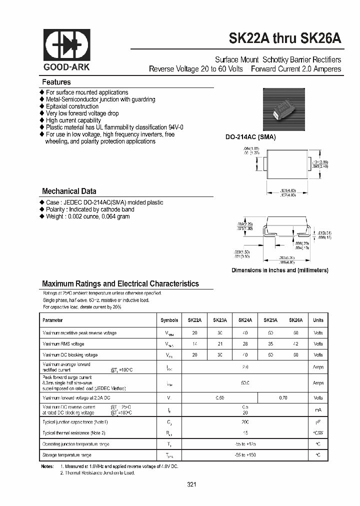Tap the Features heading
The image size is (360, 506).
click(x=56, y=82)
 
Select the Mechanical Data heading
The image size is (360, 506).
click(x=69, y=191)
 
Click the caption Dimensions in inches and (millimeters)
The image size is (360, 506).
click(x=279, y=270)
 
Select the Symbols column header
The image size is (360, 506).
click(x=169, y=320)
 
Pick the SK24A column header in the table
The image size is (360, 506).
click(x=245, y=320)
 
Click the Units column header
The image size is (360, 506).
click(x=318, y=320)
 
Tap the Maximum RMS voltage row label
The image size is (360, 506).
click(x=63, y=344)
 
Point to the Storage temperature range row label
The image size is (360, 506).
click(x=67, y=455)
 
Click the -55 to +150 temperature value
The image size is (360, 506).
click(x=245, y=455)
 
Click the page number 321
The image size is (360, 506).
click(x=192, y=484)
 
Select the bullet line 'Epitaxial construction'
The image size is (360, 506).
click(x=72, y=106)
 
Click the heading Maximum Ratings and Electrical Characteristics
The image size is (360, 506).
click(x=120, y=283)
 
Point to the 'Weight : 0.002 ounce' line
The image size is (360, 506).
click(x=87, y=216)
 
